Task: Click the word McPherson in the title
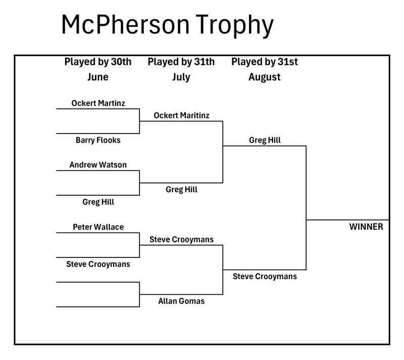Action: (x=126, y=24)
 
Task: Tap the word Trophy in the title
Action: (x=234, y=25)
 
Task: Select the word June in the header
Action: (x=98, y=77)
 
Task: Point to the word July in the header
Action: (x=181, y=77)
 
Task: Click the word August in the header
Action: (x=264, y=77)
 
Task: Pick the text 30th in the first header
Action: (x=121, y=62)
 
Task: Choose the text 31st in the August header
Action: (x=287, y=62)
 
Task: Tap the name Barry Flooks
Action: (x=98, y=140)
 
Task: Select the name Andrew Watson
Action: (x=98, y=165)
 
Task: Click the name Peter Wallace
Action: (x=98, y=227)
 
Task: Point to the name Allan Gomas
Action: (x=181, y=301)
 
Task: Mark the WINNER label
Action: (x=366, y=227)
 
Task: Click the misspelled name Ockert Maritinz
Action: (x=181, y=115)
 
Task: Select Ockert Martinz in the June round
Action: (x=98, y=103)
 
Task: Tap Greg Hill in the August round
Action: (x=265, y=140)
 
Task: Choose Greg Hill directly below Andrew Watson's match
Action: (x=98, y=202)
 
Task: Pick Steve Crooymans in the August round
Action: (x=265, y=277)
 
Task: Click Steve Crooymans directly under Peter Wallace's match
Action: (x=98, y=264)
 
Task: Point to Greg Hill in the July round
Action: (x=181, y=190)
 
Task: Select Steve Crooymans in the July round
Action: (x=181, y=239)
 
